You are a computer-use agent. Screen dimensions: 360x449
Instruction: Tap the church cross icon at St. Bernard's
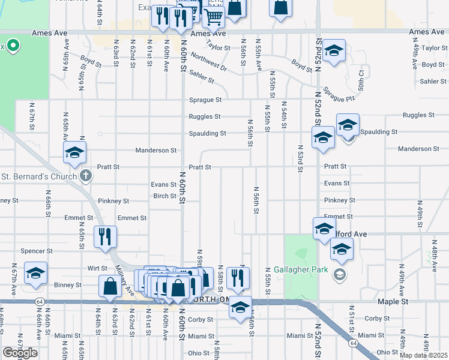[x=86, y=176]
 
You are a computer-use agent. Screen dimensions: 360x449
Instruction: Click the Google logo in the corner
[x=20, y=352]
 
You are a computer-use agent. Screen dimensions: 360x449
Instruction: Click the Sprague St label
[x=205, y=100]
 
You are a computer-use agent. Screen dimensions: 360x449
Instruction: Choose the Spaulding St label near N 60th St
[x=207, y=133]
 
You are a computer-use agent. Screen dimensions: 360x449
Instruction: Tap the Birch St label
[x=164, y=196]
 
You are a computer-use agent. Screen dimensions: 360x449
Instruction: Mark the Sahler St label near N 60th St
[x=202, y=76]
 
